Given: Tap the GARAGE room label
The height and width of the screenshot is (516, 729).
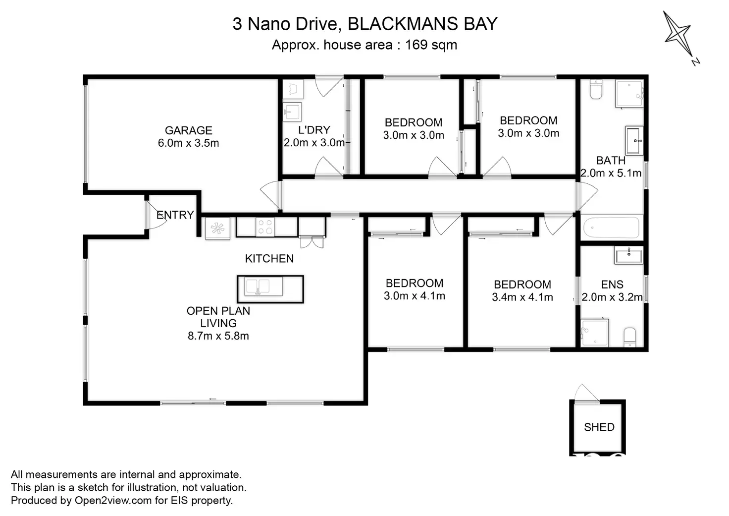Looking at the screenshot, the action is coord(188,130).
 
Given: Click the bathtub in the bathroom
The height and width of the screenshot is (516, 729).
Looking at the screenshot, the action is coord(611,228).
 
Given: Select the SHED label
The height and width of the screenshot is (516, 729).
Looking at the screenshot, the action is coord(599,427).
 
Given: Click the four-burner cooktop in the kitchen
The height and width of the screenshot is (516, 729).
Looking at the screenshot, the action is coord(265,227).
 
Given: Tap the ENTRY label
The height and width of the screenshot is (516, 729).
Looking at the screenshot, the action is coord(175,215).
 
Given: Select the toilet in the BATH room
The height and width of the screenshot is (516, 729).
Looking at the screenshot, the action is coord(595,90).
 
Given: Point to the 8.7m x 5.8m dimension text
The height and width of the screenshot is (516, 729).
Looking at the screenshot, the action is coord(218,336).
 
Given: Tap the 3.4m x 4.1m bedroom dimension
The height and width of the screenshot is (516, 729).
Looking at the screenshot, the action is coord(522,297).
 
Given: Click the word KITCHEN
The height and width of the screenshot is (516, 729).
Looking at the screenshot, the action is coord(269,259).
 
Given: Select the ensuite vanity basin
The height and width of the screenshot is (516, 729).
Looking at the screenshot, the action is coord(628,256).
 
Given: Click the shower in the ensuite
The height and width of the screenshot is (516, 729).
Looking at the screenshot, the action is coord(594,332).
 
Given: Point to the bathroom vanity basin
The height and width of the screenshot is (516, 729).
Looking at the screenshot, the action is coord(634,140).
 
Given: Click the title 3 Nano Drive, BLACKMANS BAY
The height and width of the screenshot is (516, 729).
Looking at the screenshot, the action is coord(364,24).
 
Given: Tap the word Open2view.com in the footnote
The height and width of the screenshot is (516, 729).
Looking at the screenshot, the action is coord(113,501).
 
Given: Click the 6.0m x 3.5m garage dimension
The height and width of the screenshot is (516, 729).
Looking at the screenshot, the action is coord(188,143).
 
